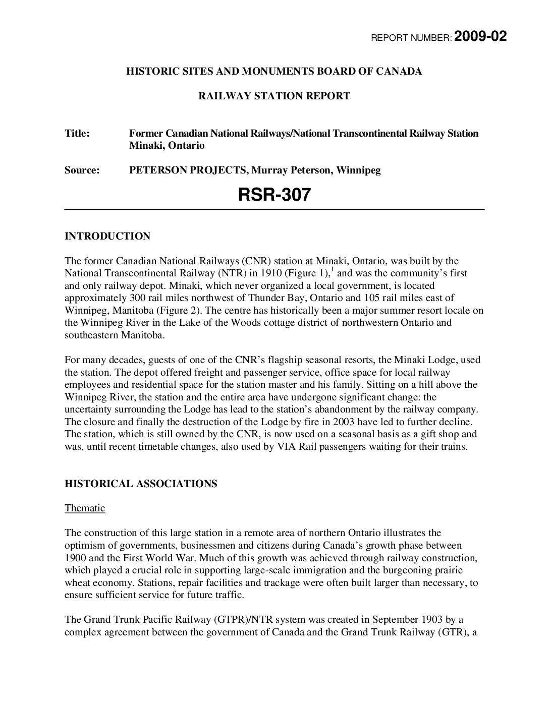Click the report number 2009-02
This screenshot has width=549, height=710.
[480, 37]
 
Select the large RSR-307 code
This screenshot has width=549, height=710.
[274, 195]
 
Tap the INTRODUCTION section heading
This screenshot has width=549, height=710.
[107, 236]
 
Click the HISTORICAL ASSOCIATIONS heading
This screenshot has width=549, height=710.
[141, 484]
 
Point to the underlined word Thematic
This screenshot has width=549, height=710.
[85, 508]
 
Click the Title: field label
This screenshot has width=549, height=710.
[77, 134]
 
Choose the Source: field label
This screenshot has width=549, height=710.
[82, 170]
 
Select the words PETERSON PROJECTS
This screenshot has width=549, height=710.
[187, 170]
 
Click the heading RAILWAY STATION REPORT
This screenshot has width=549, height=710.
[274, 96]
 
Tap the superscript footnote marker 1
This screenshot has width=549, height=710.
[331, 269]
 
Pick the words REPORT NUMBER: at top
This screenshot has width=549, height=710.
[411, 38]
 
